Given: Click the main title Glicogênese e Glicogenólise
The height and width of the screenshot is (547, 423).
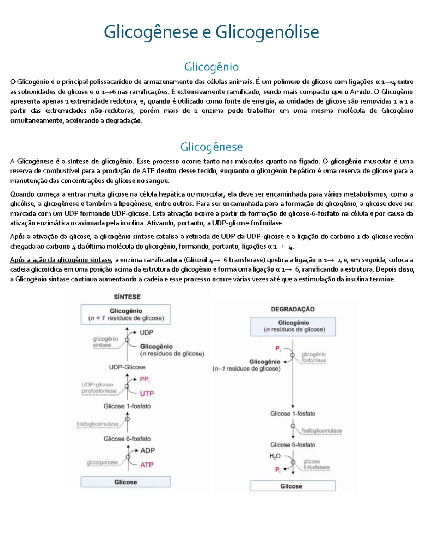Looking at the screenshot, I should [211, 32].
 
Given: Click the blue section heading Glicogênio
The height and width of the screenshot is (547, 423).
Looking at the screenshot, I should [211, 67].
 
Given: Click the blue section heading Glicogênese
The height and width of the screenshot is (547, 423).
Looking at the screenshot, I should [211, 147].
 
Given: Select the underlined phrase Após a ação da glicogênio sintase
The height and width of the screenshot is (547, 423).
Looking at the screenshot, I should [61, 260].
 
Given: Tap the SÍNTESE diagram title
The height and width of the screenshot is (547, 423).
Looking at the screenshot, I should [127, 297].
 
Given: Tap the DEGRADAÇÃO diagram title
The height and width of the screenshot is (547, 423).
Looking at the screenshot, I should [293, 309].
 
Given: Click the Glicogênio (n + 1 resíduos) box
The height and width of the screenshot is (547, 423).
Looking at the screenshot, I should [126, 315].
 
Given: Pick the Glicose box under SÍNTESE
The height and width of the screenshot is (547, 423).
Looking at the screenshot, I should [126, 482].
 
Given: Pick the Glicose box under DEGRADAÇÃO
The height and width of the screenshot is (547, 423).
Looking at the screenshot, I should [293, 486].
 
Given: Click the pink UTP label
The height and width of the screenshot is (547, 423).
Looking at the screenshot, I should [147, 393].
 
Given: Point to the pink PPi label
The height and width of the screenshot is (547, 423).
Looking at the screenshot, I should [145, 379].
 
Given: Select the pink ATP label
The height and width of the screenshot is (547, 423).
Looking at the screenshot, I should [147, 465].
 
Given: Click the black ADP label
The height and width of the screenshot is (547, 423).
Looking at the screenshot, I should [147, 450].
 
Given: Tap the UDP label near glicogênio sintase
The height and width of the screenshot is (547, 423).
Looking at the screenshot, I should [146, 332].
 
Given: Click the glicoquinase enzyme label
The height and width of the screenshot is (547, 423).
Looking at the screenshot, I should [102, 462].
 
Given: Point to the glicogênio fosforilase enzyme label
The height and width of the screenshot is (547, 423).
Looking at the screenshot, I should [314, 358].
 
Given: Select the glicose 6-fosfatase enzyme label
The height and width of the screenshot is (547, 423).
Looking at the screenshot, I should [316, 465].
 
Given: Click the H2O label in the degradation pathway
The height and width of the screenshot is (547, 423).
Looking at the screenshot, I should [275, 456].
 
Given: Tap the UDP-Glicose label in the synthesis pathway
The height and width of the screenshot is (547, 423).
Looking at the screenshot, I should [127, 367].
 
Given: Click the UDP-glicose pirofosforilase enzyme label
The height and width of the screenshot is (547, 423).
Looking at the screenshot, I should [99, 388].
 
